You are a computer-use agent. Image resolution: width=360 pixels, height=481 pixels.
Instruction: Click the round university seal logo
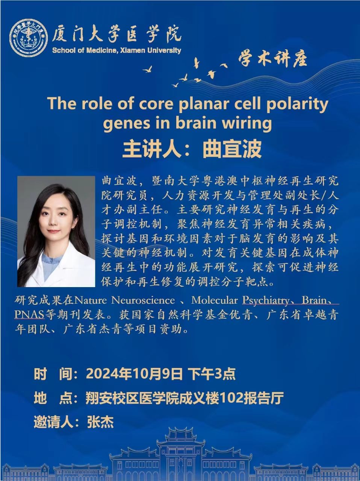tap(29, 38)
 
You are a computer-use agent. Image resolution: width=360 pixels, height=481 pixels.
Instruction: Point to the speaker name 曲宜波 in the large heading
tap(233, 149)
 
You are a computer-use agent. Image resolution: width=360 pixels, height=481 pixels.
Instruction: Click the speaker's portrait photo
tap(56, 231)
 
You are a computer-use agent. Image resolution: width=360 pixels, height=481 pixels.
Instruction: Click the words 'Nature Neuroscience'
tap(125, 300)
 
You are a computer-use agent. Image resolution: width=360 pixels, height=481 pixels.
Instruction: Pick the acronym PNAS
tap(29, 315)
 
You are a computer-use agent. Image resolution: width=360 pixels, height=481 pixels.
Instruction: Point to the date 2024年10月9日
tap(134, 374)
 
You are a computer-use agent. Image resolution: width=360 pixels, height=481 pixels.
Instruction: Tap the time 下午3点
tap(212, 374)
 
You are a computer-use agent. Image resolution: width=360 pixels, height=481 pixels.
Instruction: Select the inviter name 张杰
tap(100, 422)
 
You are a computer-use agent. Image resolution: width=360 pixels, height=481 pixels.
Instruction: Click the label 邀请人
tap(53, 422)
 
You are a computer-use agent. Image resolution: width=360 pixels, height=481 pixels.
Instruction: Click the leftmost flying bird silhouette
tap(147, 70)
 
